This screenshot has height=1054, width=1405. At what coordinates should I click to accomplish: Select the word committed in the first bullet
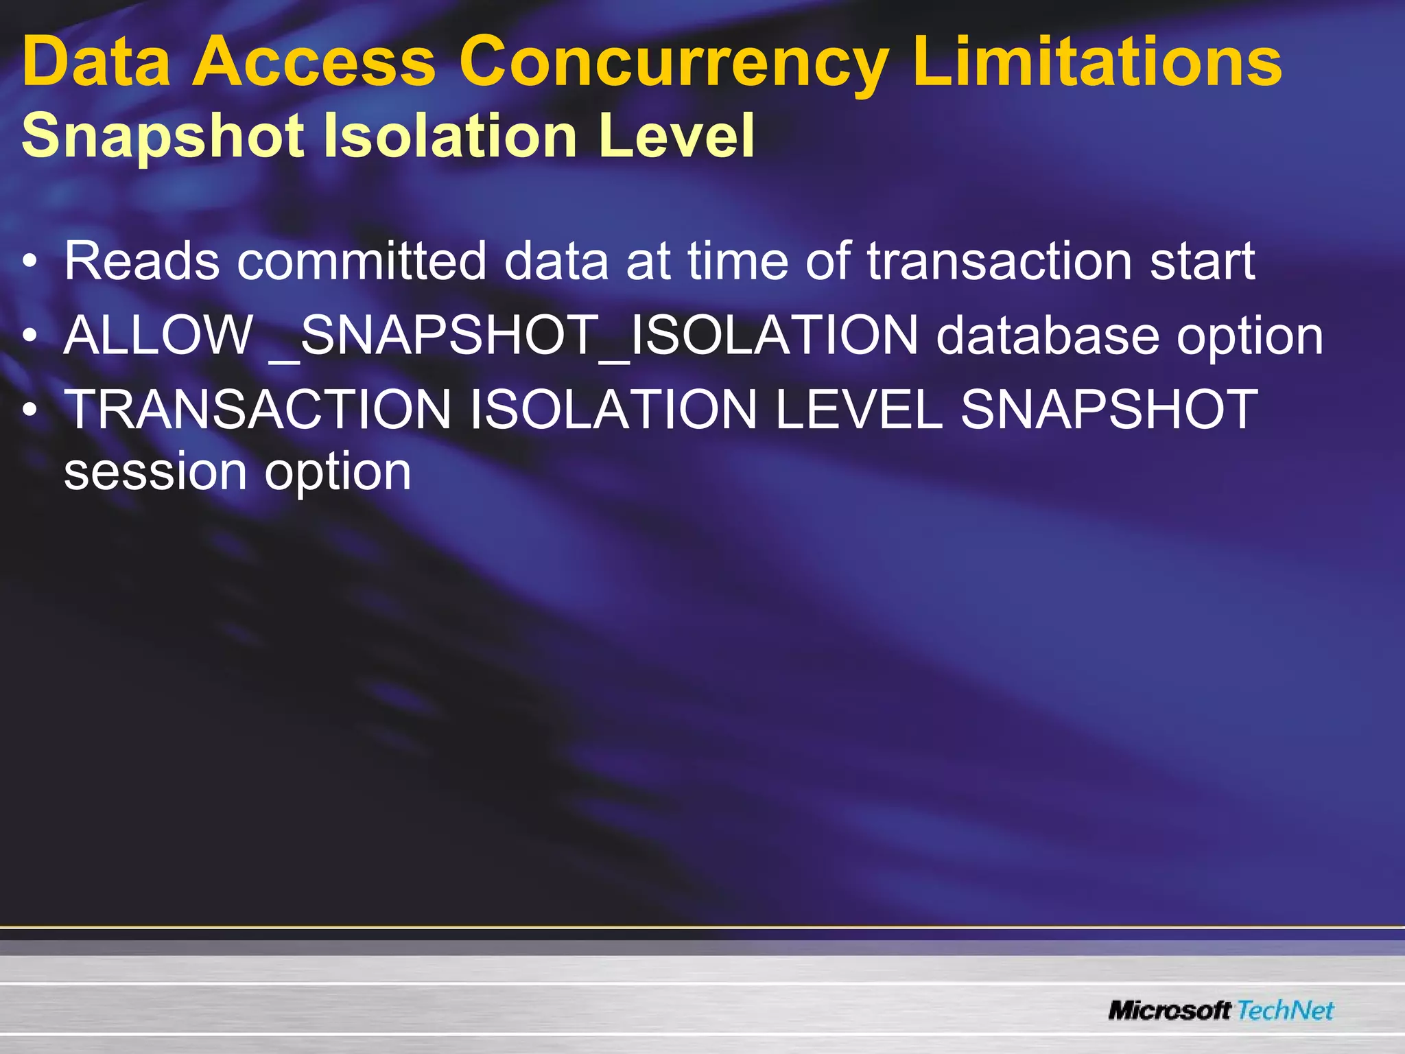[x=361, y=261]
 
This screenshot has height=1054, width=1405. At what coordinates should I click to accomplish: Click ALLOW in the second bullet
[x=158, y=336]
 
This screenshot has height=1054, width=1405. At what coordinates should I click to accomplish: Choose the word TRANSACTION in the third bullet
[x=257, y=410]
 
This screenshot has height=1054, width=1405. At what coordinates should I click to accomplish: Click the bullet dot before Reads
[x=29, y=261]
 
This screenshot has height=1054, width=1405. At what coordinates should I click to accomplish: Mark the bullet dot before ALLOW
[x=29, y=336]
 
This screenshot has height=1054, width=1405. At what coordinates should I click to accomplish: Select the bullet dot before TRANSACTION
[x=29, y=410]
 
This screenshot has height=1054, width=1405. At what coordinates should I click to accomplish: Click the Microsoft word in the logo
[x=1170, y=1010]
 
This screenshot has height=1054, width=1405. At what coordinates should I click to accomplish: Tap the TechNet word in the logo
[x=1286, y=1010]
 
